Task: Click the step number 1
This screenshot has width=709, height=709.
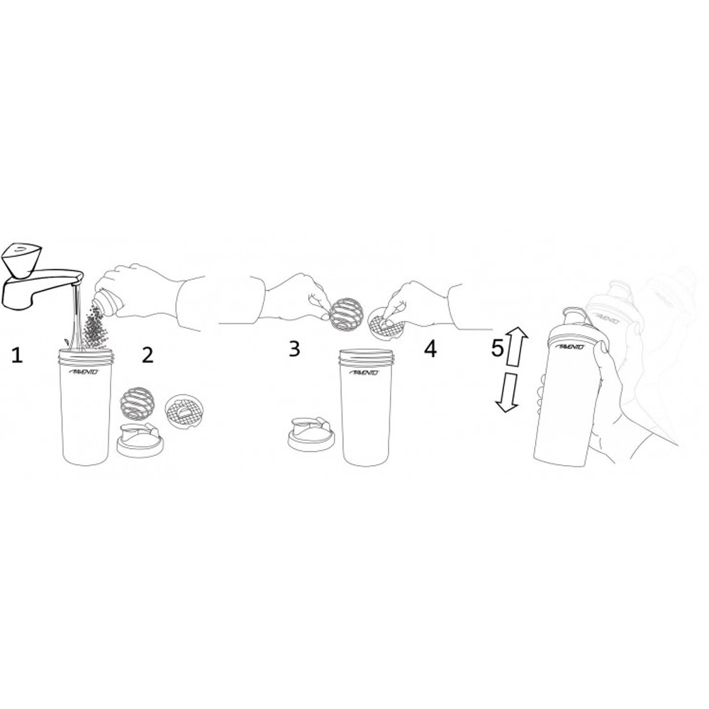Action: pyautogui.click(x=17, y=354)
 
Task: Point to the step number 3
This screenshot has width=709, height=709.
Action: pyautogui.click(x=294, y=348)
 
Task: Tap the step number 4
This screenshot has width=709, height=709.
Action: pyautogui.click(x=430, y=348)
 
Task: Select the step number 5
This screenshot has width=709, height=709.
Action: pyautogui.click(x=498, y=348)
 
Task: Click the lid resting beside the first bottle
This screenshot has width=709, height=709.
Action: pyautogui.click(x=140, y=440)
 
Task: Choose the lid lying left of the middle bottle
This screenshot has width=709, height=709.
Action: pyautogui.click(x=312, y=434)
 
